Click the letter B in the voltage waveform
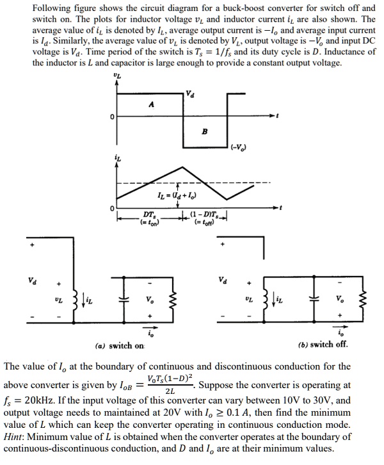tap(204, 132)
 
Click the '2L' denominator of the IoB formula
tap(169, 391)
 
